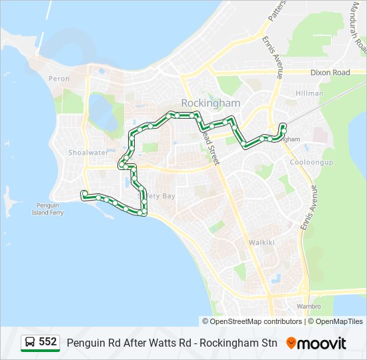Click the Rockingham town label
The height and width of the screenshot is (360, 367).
[x=210, y=103]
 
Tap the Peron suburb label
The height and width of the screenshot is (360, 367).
[x=59, y=79]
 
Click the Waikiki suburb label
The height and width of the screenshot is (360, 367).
[x=261, y=243]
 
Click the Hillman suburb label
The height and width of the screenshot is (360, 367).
[x=309, y=94]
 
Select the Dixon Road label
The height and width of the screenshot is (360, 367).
[x=330, y=73]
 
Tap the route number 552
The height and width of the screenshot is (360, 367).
[x=47, y=342]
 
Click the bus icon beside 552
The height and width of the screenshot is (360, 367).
[x=30, y=343]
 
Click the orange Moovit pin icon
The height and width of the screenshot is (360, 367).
[x=291, y=343]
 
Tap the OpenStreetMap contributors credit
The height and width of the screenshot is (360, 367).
[x=253, y=321]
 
